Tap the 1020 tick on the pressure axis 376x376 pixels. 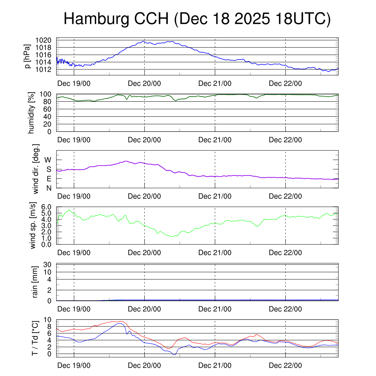click(x=46, y=40)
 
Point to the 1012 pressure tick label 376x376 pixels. click(x=46, y=69)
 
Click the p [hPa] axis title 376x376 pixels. click(x=27, y=56)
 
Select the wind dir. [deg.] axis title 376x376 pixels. click(x=36, y=169)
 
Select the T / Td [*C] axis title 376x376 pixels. click(x=35, y=337)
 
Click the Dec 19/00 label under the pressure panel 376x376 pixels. click(x=74, y=83)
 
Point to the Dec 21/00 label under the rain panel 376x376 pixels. click(x=215, y=309)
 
